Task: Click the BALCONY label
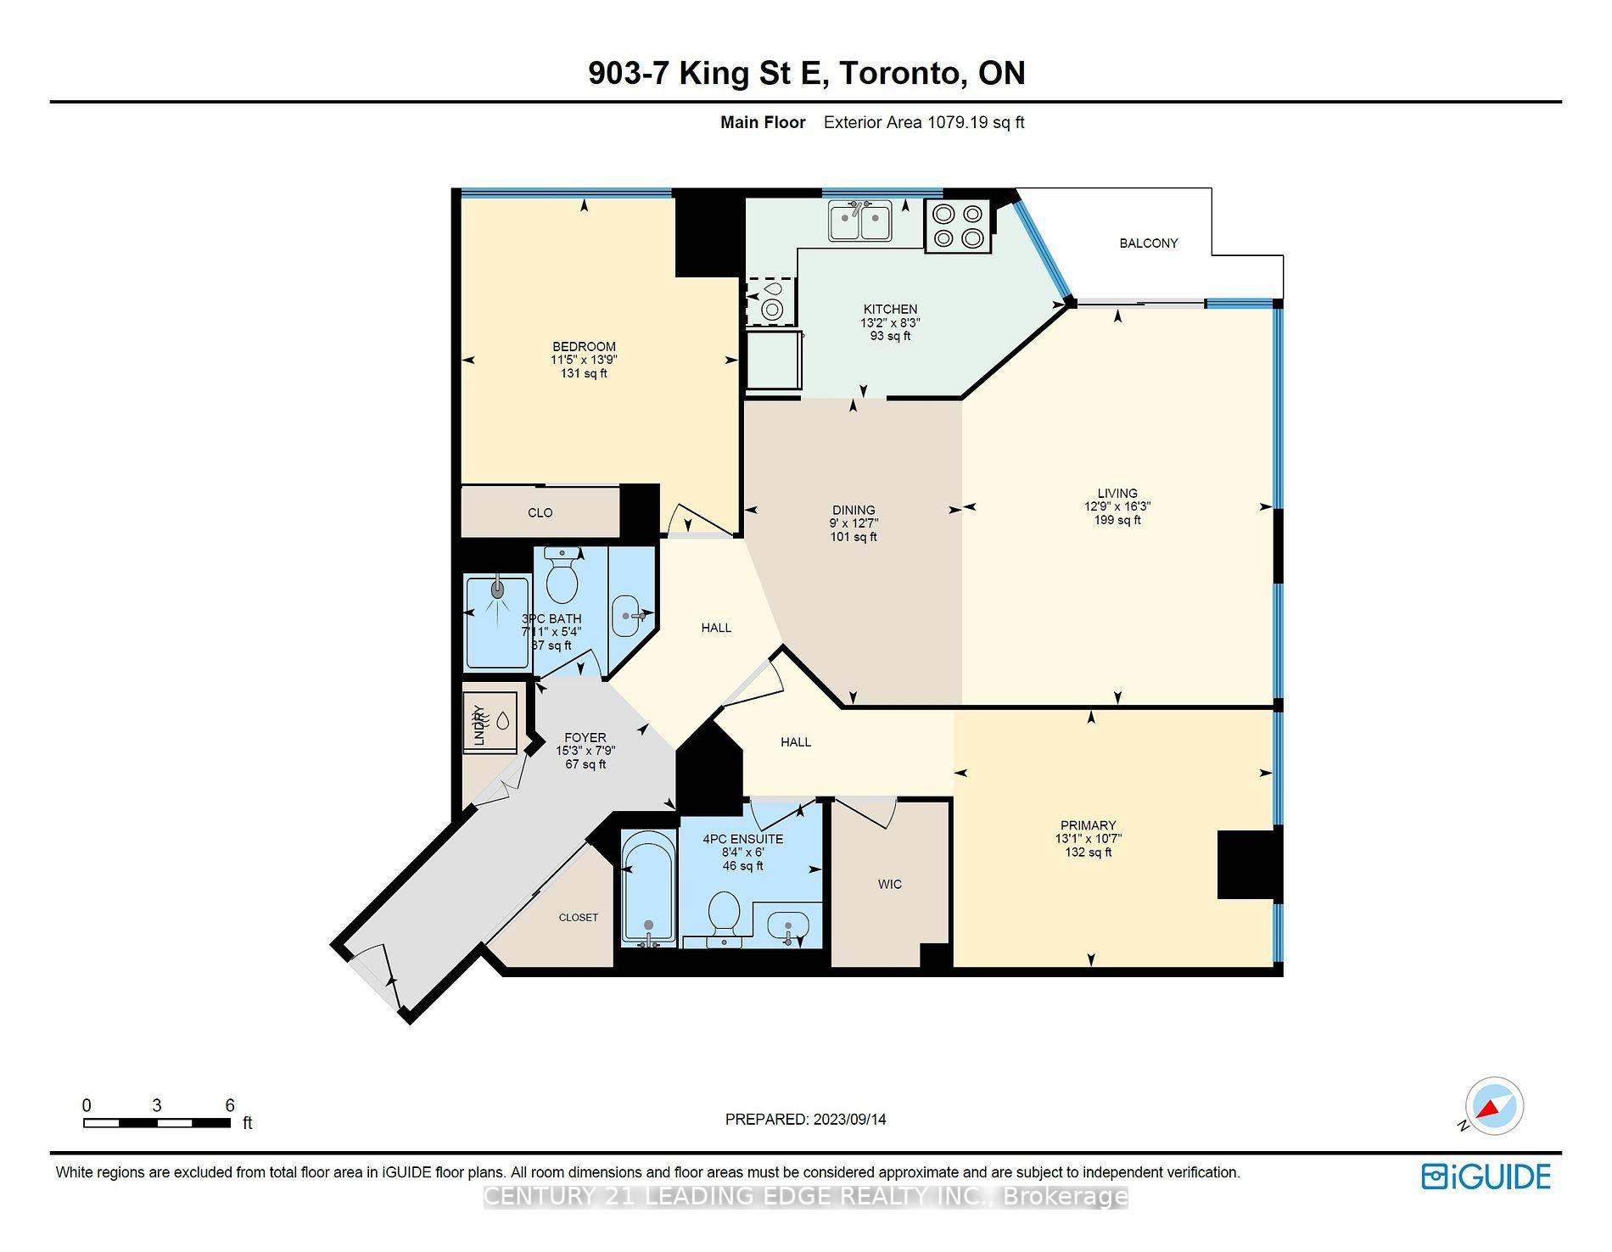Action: [1148, 243]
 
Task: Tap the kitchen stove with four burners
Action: [958, 226]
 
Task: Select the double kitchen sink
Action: [859, 221]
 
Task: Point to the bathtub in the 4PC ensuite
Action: [649, 888]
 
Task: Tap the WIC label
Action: [889, 885]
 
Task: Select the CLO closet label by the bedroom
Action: [540, 513]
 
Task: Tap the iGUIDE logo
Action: [1486, 1177]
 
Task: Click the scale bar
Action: [157, 1123]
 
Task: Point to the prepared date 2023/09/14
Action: [849, 1120]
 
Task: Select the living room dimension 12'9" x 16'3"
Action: [1117, 506]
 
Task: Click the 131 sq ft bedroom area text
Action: [584, 373]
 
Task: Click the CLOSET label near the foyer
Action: [578, 918]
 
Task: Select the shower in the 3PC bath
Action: [497, 621]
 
